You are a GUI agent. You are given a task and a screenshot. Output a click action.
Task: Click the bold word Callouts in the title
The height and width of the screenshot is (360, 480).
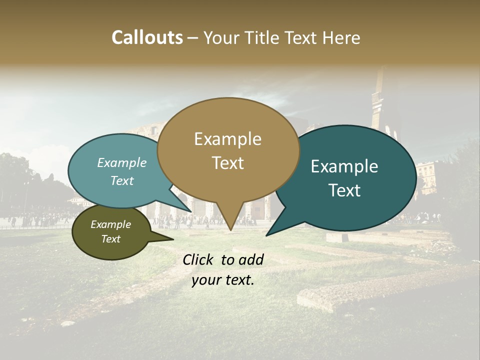[147, 37]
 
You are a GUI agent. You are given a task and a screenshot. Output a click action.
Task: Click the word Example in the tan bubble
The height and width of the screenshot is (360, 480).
[227, 139]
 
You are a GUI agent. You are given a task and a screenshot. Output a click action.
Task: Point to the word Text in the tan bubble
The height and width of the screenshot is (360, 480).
[227, 163]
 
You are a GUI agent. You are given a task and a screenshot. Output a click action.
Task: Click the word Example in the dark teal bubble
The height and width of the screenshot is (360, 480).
[344, 166]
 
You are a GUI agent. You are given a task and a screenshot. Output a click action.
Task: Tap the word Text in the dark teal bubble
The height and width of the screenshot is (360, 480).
[344, 190]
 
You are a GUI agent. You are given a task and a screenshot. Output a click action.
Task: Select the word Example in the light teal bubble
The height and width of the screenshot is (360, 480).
[122, 162]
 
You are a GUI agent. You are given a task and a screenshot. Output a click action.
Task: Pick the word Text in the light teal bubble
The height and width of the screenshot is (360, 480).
[122, 180]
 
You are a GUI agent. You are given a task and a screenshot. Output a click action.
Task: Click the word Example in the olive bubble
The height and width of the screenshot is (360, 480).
[110, 224]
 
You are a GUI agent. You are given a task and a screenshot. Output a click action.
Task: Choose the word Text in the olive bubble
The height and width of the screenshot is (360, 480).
[110, 239]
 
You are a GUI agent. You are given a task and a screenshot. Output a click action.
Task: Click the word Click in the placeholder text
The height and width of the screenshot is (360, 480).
[200, 259]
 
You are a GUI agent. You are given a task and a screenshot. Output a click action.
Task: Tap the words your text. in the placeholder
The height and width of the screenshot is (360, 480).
[223, 280]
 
